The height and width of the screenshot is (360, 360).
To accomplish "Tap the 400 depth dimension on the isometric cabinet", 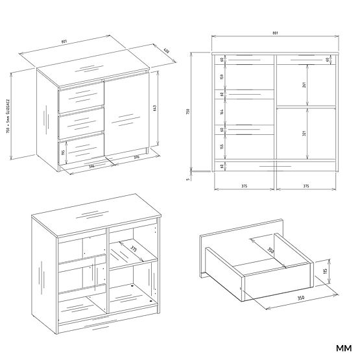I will pos(166,51).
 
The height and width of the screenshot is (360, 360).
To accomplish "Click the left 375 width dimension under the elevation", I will pos(243,186).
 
